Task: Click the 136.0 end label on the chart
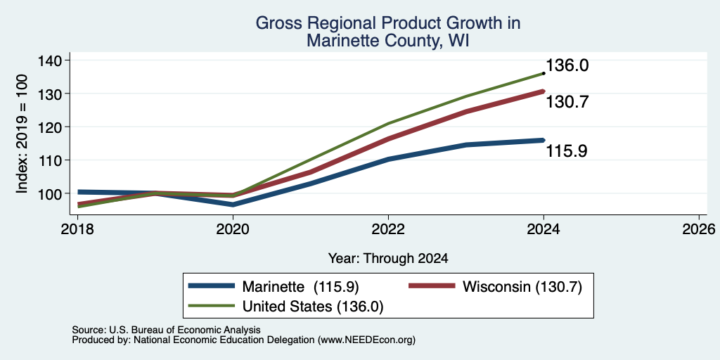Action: [567, 65]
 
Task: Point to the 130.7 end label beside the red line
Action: [567, 102]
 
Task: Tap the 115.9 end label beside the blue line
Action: [567, 150]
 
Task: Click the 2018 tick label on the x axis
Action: [78, 229]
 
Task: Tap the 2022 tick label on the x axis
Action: [388, 229]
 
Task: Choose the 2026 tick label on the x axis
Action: [699, 229]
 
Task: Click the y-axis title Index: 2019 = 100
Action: [22, 134]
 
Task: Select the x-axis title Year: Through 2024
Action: [388, 259]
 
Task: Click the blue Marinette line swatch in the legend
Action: [212, 286]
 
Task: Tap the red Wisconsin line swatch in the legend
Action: [432, 286]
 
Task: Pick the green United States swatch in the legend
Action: [212, 306]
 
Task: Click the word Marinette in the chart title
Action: [345, 41]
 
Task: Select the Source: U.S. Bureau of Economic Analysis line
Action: [166, 330]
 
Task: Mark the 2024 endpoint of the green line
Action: [544, 73]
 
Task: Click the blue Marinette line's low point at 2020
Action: [233, 205]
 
